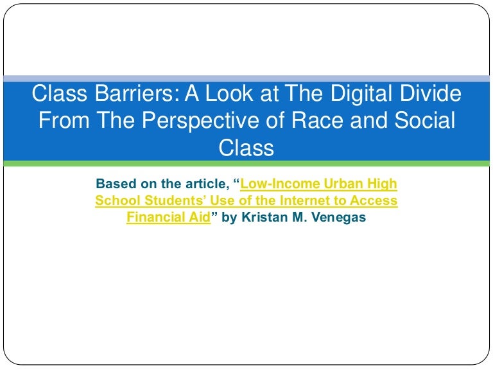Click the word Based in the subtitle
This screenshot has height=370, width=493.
point(113,184)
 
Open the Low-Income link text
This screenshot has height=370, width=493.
point(277,184)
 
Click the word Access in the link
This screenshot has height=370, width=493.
point(374,201)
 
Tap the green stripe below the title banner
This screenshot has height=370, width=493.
point(246,164)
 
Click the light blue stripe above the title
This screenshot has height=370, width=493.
point(246,78)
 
